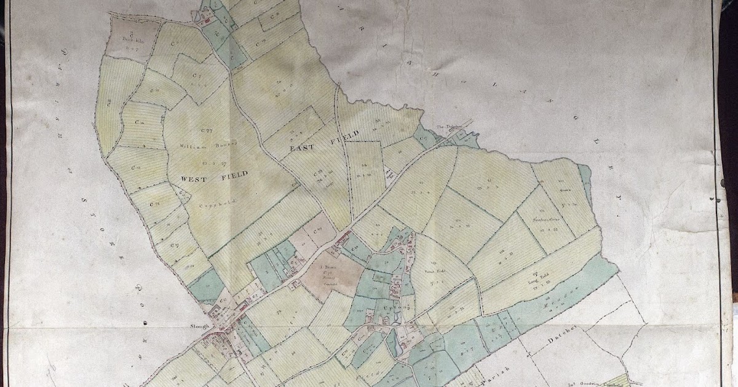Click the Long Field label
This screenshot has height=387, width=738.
533,281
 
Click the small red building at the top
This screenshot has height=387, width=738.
207,21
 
